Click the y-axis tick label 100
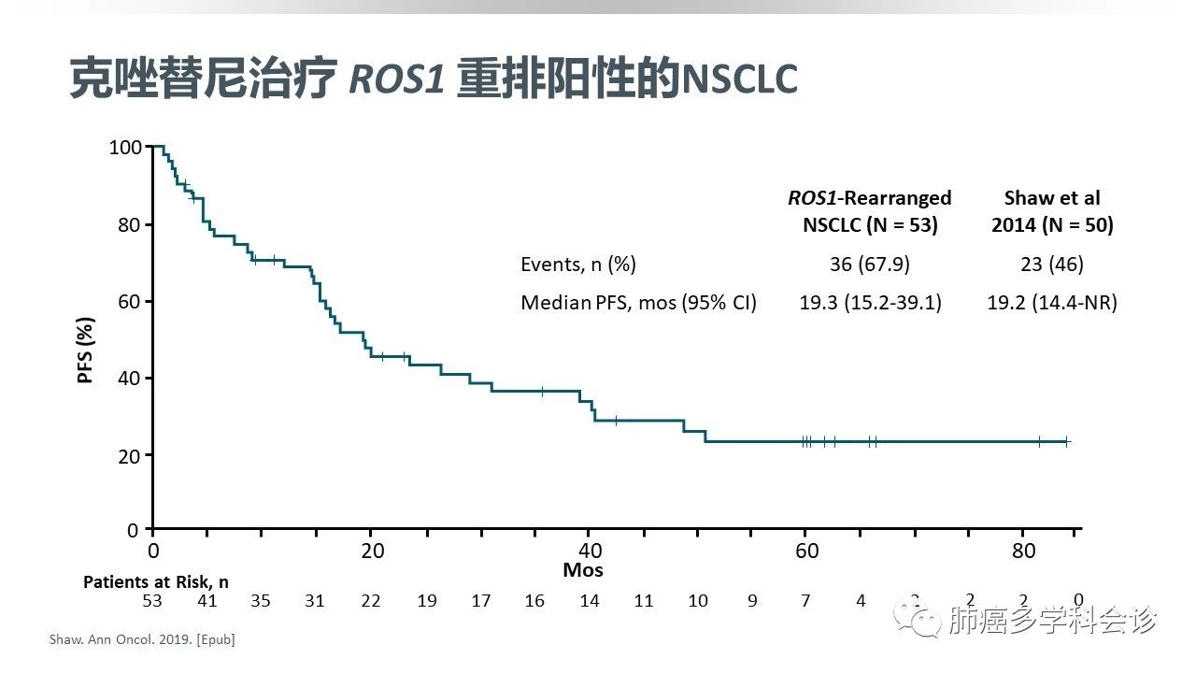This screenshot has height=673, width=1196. (124, 147)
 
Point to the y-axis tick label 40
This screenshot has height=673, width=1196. (129, 378)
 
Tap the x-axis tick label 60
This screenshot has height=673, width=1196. (806, 551)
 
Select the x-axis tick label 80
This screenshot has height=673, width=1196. (1024, 551)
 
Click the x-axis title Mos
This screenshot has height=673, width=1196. (582, 569)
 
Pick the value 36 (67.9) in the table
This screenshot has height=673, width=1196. (869, 265)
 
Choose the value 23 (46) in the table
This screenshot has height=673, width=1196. (1052, 265)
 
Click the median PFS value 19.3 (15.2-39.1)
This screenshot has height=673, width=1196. (869, 303)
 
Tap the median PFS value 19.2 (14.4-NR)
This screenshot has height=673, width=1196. (1052, 303)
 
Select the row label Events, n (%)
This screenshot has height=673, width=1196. (578, 265)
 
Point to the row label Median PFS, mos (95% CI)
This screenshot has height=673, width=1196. (638, 303)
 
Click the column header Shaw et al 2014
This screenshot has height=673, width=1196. (1052, 211)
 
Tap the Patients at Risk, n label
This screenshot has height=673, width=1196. (156, 581)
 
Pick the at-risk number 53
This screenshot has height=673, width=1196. (152, 600)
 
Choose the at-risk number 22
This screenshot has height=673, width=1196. (371, 600)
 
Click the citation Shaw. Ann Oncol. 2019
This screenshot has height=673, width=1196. (141, 640)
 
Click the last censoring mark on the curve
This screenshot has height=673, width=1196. (1066, 441)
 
